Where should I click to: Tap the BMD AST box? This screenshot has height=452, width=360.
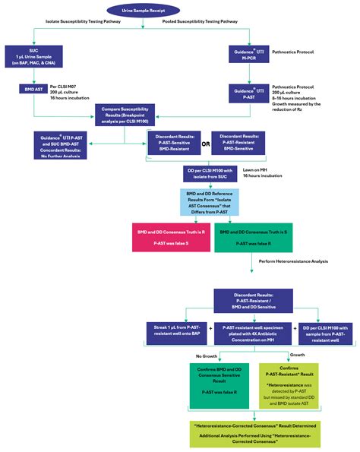[33, 90]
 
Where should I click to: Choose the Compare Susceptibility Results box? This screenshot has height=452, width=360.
[124, 115]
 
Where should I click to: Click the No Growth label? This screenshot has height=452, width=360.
[207, 355]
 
